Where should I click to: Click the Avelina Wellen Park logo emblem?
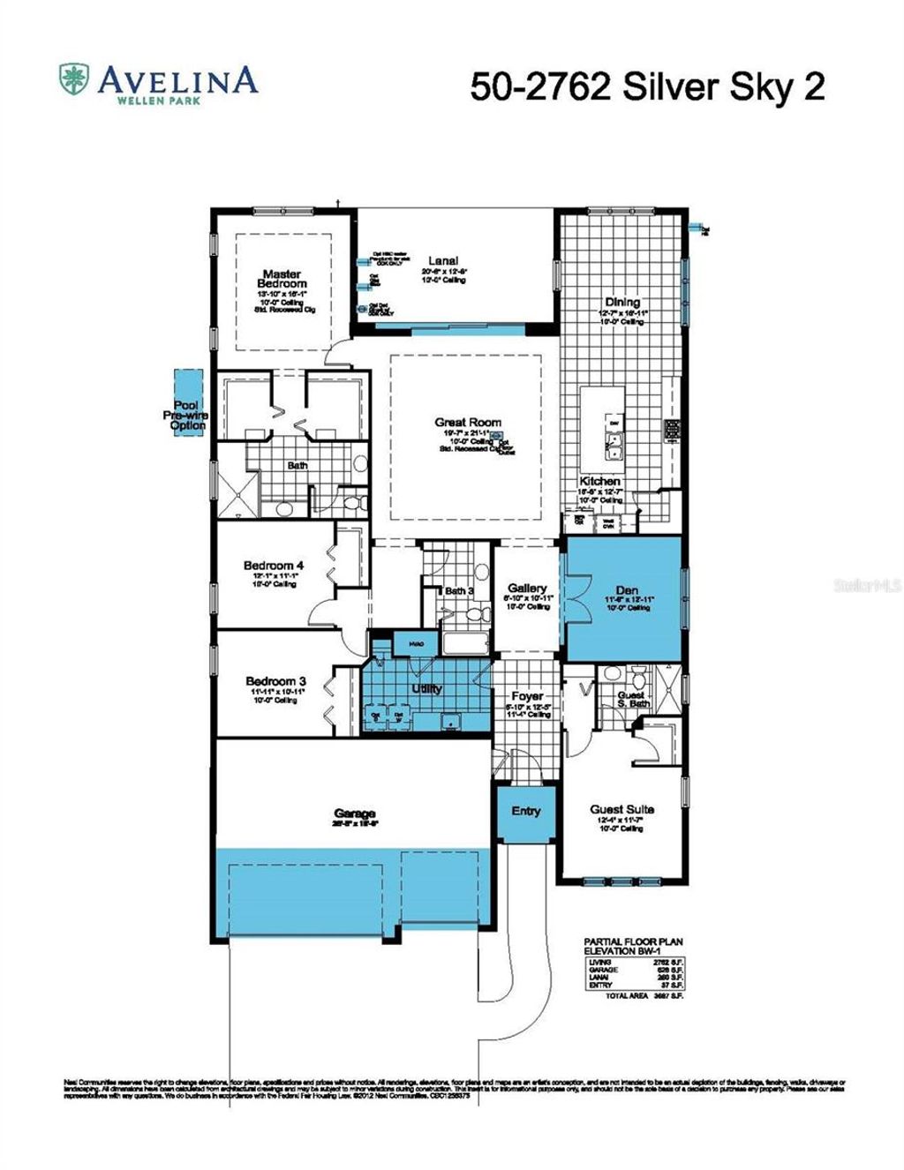(73, 80)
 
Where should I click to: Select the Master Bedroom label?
(282, 279)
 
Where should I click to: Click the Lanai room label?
(443, 260)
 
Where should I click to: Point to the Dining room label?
(622, 302)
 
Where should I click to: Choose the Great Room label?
(467, 423)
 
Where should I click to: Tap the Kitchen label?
(599, 482)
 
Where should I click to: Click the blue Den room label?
(627, 590)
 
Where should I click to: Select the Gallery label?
(527, 588)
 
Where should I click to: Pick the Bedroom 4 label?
(274, 566)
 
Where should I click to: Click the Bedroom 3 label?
(275, 681)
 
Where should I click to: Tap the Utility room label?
(426, 688)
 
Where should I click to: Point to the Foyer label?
(527, 696)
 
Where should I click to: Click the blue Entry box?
(526, 812)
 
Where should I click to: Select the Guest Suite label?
(621, 809)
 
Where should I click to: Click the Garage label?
(355, 814)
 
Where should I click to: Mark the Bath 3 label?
(459, 591)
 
